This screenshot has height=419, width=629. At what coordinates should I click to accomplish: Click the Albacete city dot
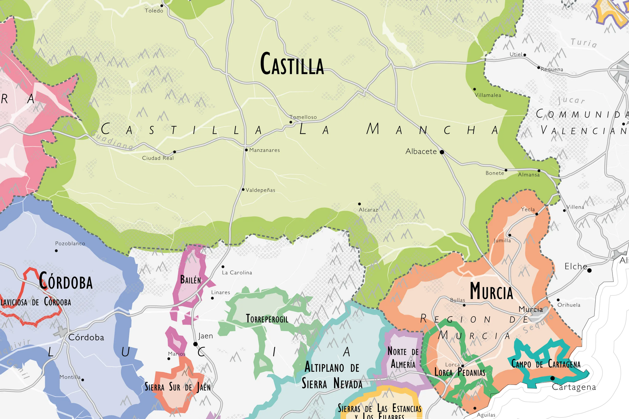(x=442, y=152)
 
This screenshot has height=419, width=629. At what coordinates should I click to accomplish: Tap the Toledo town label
(x=154, y=11)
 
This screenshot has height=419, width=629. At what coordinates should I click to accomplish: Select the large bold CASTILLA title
(x=292, y=64)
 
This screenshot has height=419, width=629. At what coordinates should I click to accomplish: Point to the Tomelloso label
(x=303, y=117)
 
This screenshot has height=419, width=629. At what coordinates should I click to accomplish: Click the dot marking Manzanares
(x=246, y=150)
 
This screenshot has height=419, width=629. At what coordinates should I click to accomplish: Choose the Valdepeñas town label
(x=260, y=190)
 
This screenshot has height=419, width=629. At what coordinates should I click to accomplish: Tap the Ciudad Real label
(x=158, y=158)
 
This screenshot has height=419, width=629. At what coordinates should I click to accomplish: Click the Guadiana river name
(x=112, y=140)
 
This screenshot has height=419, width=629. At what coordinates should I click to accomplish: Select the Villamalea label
(x=488, y=95)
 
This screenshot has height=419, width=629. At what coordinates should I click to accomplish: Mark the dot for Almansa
(x=539, y=171)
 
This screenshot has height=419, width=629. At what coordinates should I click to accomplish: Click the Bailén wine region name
(x=191, y=279)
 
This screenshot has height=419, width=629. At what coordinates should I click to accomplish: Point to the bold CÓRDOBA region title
(x=66, y=281)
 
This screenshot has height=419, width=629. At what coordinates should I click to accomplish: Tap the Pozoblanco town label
(x=70, y=244)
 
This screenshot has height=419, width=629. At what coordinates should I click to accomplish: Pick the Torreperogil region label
(x=267, y=319)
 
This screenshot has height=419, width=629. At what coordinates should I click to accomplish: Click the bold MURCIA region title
(x=491, y=291)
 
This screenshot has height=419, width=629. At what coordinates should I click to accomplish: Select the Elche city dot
(x=589, y=270)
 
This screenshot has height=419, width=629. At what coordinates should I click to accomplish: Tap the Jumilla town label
(x=502, y=240)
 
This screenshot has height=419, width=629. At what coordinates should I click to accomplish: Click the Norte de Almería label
(x=403, y=358)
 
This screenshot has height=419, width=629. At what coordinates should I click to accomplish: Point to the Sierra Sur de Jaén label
(x=178, y=387)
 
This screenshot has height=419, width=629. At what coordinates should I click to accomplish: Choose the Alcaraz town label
(x=368, y=210)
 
